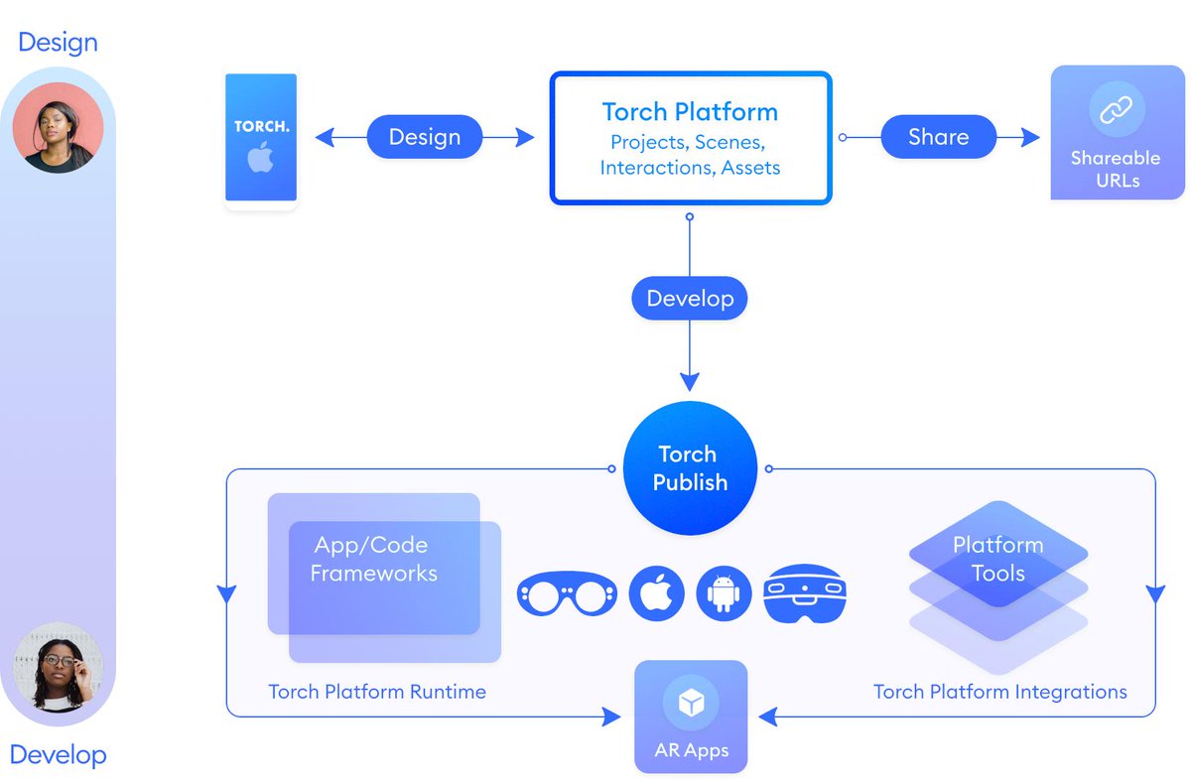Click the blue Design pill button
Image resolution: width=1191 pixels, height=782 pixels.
pyautogui.click(x=425, y=137)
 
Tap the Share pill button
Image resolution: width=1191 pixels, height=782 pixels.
pyautogui.click(x=939, y=137)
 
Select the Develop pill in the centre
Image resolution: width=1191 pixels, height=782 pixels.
pyautogui.click(x=690, y=299)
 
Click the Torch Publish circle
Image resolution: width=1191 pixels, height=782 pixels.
pyautogui.click(x=690, y=467)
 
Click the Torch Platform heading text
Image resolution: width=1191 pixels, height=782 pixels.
pyautogui.click(x=690, y=111)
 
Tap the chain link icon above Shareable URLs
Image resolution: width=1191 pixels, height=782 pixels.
pyautogui.click(x=1116, y=109)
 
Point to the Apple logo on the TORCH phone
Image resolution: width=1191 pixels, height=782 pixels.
pyautogui.click(x=260, y=158)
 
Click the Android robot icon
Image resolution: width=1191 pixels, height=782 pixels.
pyautogui.click(x=724, y=593)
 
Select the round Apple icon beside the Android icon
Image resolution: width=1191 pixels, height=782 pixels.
pyautogui.click(x=657, y=593)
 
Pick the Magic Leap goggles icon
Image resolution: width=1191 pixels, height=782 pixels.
pyautogui.click(x=568, y=593)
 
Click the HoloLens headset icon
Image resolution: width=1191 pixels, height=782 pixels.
pyautogui.click(x=805, y=593)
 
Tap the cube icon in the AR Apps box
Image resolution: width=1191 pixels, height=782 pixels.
pyautogui.click(x=691, y=703)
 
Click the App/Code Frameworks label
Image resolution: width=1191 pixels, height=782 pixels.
pyautogui.click(x=373, y=559)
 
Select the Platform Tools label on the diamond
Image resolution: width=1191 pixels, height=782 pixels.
pyautogui.click(x=998, y=559)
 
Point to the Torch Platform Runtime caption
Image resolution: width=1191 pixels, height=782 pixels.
pyautogui.click(x=377, y=692)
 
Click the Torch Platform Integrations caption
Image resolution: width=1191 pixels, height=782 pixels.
pyautogui.click(x=1000, y=692)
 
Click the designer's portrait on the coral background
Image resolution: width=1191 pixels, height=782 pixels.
pyautogui.click(x=58, y=128)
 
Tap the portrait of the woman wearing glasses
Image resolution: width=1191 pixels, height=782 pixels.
pyautogui.click(x=58, y=667)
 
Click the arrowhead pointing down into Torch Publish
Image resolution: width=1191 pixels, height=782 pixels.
pyautogui.click(x=690, y=382)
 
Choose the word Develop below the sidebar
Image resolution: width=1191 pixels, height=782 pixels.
pyautogui.click(x=58, y=755)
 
